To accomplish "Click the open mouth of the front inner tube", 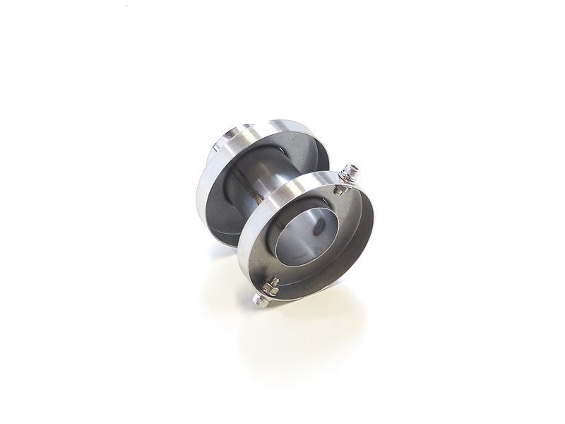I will coord(300,237).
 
